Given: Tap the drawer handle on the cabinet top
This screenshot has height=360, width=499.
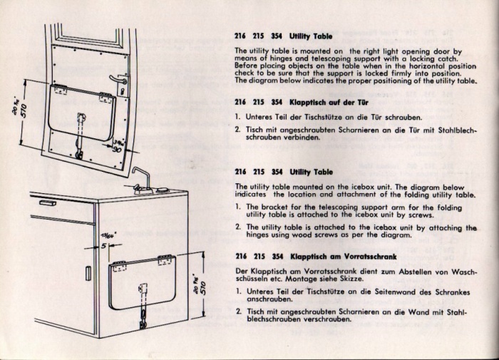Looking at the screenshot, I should [x=48, y=202].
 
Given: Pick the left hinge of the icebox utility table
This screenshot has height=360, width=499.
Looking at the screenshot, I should [x=120, y=267].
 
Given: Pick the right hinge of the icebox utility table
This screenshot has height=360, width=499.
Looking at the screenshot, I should [x=166, y=260].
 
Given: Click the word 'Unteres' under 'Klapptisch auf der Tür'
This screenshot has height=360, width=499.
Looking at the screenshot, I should [x=262, y=116].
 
